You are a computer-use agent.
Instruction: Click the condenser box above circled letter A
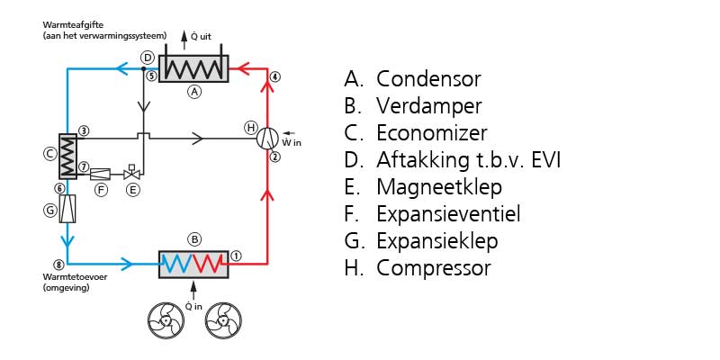point(193,68)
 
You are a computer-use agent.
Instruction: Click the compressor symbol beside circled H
point(268,138)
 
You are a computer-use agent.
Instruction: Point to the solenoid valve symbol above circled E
point(131,172)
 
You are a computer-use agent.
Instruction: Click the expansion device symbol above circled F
point(100,173)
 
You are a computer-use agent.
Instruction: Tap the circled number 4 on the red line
point(275,77)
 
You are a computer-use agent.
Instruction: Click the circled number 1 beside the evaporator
point(237,255)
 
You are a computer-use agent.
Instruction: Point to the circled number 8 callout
point(58,265)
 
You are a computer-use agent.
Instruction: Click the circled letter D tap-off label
point(147,57)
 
